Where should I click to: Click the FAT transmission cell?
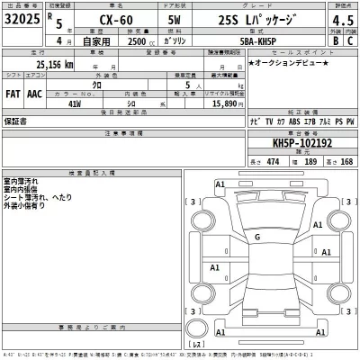click(x=13, y=91)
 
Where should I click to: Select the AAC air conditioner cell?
click(x=34, y=91)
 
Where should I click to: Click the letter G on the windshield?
click(x=256, y=237)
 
